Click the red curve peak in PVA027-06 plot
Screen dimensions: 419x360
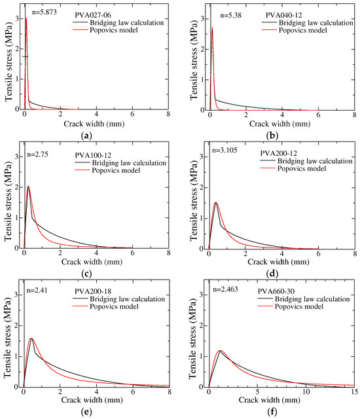point(26,18)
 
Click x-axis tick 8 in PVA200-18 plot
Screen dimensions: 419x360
point(169,393)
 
